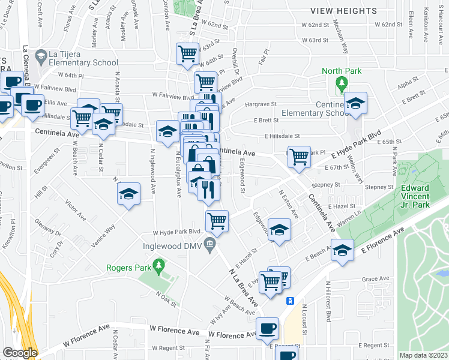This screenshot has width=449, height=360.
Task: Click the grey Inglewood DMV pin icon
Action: coord(209,242)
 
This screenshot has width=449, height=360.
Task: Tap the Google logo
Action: coord(19,353)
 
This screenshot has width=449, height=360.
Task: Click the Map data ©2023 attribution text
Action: coord(423,355)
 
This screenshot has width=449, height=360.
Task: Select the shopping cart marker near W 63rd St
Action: coord(187,53)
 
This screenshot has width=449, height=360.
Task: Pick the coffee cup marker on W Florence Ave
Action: coord(267,328)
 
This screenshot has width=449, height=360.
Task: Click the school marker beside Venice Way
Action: coord(128,194)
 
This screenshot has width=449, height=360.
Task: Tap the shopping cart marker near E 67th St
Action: coord(299,157)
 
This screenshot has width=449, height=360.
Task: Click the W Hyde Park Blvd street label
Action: coord(176,232)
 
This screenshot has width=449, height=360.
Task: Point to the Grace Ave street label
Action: coord(376,278)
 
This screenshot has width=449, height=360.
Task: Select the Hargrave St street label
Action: coord(261,104)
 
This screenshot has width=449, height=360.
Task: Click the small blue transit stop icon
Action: coord(290,301)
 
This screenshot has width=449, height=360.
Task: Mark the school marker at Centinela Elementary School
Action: coord(355,104)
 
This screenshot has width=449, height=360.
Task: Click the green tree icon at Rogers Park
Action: coord(158,265)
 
